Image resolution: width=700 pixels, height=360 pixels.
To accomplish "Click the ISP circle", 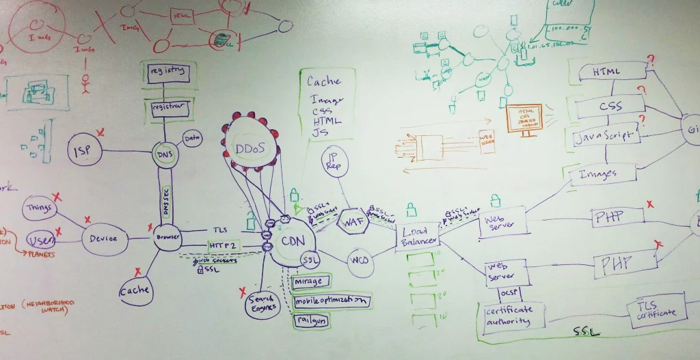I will (85, 150).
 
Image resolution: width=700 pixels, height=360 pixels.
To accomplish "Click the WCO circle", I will (359, 261).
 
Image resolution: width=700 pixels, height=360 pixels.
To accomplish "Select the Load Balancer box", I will (417, 236).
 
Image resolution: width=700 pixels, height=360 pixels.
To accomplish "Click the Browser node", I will (167, 237).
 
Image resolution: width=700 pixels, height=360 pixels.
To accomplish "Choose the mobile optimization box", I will (332, 300).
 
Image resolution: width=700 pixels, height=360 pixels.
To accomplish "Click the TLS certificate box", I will (657, 310).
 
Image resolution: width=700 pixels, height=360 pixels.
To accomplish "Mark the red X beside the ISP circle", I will (100, 132).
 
